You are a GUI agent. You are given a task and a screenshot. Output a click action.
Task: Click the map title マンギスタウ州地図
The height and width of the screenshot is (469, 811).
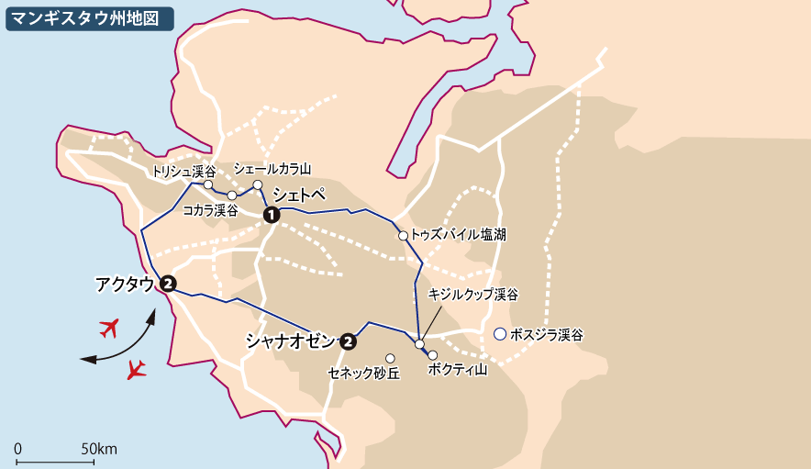tap(89, 17)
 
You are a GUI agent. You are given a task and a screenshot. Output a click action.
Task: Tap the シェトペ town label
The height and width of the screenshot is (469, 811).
tap(299, 195)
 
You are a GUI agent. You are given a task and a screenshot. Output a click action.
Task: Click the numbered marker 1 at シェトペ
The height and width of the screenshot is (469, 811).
tap(271, 215)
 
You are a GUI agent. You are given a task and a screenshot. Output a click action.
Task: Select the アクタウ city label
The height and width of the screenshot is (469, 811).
tap(125, 284)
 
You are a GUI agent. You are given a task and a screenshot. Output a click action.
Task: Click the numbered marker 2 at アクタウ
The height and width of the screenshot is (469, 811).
tap(167, 284)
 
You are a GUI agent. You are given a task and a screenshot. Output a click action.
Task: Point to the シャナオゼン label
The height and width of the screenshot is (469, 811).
tap(291, 341)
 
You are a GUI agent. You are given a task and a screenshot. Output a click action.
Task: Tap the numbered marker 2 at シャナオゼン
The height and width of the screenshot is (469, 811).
tap(349, 341)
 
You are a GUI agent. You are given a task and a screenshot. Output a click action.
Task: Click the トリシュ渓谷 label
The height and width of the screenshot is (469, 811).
tap(183, 172)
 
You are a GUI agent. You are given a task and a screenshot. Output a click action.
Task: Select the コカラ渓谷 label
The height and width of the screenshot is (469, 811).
tap(210, 210)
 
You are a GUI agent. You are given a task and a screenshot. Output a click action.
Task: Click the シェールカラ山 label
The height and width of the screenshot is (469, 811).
tap(272, 169)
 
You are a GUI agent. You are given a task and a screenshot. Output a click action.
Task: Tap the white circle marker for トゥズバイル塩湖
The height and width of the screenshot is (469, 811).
tap(402, 236)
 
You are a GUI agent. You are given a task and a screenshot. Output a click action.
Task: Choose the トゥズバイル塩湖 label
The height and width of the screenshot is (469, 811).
tap(458, 235)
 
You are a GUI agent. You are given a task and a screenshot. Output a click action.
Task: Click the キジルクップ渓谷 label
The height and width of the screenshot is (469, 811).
tap(472, 295)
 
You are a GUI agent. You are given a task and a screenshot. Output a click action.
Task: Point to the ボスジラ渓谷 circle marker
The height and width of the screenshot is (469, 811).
tap(500, 334)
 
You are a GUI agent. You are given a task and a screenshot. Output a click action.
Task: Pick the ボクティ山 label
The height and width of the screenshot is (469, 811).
tap(458, 369)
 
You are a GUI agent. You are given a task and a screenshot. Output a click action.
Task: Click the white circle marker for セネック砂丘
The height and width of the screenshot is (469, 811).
tap(390, 358)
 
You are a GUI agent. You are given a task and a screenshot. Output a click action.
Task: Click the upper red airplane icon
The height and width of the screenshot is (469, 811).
tap(109, 327)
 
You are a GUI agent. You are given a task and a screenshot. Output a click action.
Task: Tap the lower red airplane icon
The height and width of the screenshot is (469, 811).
tap(137, 369)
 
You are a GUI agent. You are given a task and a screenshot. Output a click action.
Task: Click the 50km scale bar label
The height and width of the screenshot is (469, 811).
tap(98, 449)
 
